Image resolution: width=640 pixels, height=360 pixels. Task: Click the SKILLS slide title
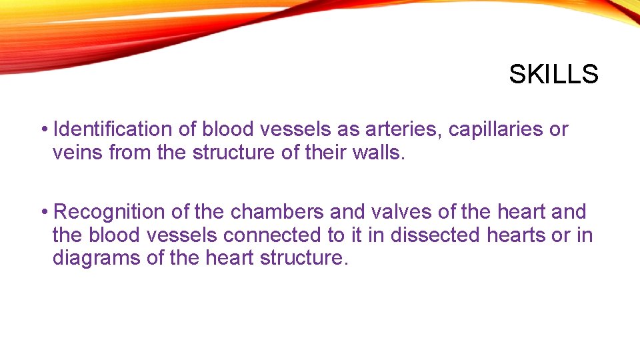click(x=553, y=74)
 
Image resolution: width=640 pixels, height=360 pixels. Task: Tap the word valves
click(x=401, y=212)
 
